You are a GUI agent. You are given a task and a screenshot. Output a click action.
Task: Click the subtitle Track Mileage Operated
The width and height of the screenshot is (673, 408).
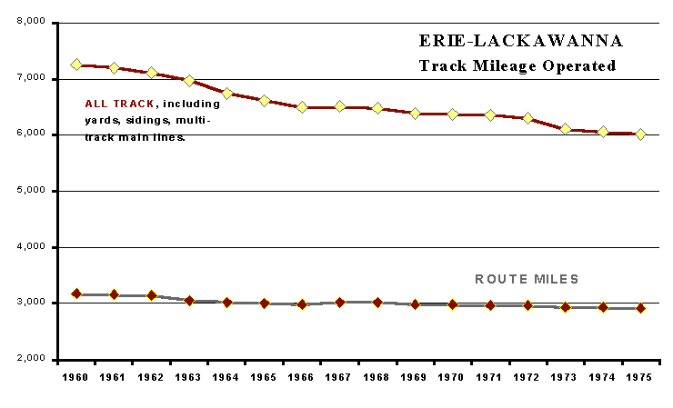(517, 65)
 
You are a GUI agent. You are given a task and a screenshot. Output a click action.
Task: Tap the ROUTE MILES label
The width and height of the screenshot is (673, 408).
(527, 279)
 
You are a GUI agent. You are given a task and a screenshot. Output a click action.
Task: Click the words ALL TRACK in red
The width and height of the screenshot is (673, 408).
(118, 103)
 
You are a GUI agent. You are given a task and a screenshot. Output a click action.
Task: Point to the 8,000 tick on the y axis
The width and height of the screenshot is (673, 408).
(33, 22)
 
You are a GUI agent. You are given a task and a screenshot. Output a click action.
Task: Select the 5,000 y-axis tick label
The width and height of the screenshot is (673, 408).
(33, 191)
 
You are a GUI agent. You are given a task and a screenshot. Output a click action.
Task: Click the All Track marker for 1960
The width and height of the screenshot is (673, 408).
(76, 65)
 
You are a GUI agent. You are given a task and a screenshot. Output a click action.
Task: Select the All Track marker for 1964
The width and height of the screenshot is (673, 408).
(227, 94)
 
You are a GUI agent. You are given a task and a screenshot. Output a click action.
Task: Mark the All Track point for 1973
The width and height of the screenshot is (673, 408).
(566, 129)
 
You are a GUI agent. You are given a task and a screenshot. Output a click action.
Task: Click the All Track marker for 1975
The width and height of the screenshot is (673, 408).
(641, 134)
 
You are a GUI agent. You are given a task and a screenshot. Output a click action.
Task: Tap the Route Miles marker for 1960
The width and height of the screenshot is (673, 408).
(76, 294)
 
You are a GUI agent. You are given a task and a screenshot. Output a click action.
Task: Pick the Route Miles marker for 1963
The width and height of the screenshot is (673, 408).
(189, 300)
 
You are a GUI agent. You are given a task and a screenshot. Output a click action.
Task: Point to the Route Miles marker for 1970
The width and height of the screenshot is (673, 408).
(452, 304)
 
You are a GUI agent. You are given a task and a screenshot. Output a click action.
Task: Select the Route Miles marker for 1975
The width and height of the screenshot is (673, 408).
(641, 308)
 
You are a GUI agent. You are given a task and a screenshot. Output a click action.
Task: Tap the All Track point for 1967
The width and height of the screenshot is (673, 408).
(340, 106)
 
